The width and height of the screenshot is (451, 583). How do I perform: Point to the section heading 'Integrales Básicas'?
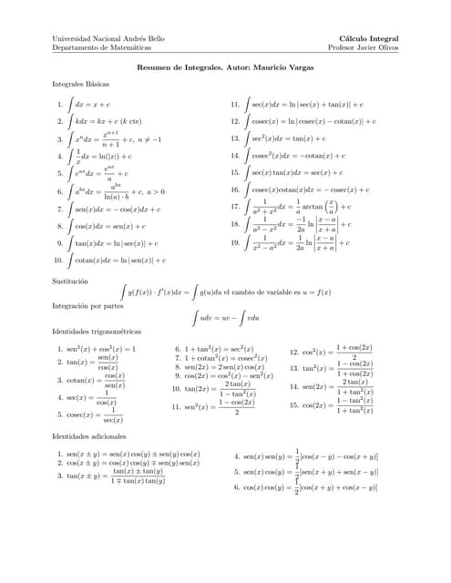[82, 84]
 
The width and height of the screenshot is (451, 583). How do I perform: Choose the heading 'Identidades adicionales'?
[90, 437]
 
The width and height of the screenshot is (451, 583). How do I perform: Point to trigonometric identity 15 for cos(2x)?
[337, 405]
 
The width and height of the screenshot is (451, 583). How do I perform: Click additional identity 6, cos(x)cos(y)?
[310, 488]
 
